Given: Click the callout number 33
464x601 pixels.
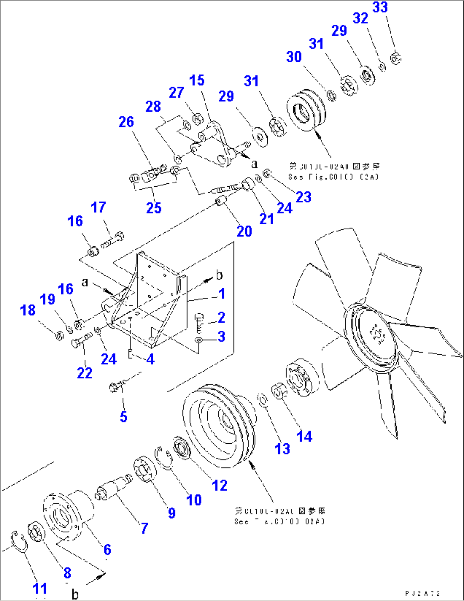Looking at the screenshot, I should [x=380, y=7].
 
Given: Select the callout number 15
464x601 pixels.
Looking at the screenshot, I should [x=197, y=80].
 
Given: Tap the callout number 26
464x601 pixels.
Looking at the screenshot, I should [x=126, y=122].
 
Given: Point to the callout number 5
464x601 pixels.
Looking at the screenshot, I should [x=123, y=416].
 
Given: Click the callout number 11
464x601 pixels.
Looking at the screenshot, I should [x=40, y=589].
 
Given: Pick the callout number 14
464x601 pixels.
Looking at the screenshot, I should [x=304, y=436].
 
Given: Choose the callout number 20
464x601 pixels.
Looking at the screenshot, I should [x=244, y=231].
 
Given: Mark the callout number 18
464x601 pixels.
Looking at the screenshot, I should [x=28, y=310].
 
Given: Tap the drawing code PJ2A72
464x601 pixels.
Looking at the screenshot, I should [x=422, y=593].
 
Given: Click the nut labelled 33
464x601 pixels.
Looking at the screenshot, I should [x=395, y=58].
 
